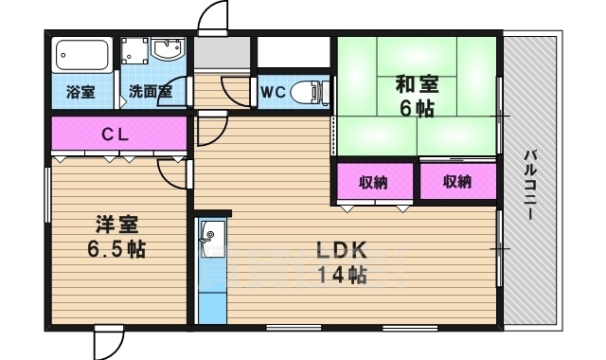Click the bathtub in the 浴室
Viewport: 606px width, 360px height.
pos(82,54)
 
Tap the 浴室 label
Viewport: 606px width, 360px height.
pos(80,92)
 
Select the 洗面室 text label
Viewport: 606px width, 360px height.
pos(151,92)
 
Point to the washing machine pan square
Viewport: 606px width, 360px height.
pos(134,50)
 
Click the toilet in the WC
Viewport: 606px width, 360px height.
pos(308,92)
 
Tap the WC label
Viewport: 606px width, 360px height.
pos(273,92)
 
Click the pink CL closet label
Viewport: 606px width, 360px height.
pos(115,135)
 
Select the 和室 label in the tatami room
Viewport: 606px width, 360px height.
pos(417,84)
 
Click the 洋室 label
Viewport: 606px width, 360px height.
pos(116,225)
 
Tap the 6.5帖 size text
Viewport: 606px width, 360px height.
pos(116,249)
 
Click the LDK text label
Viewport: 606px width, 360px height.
pos(342,250)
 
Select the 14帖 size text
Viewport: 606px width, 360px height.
pos(342,275)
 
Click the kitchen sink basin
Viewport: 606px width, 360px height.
pos(211,233)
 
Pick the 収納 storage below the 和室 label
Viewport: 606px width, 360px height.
pos(374,182)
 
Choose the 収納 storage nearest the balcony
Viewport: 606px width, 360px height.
pos(458,181)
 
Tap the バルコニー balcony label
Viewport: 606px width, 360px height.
pos(530,186)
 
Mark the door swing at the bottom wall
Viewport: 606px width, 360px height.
pos(109,343)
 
